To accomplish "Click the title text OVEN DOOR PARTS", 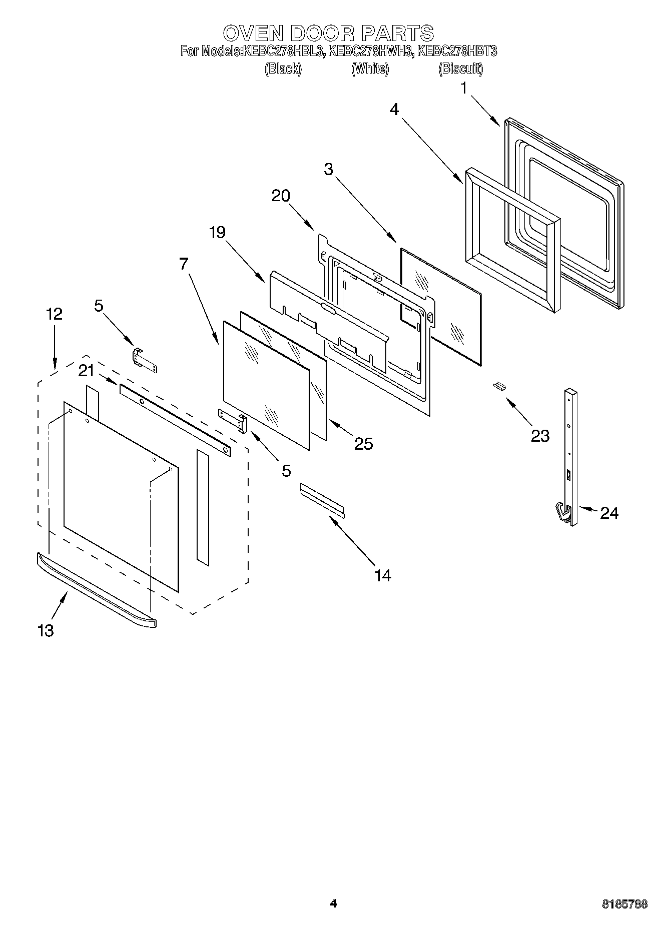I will pyautogui.click(x=328, y=33).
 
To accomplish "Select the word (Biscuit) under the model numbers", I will pyautogui.click(x=460, y=69).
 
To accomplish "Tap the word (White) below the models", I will pyautogui.click(x=370, y=69).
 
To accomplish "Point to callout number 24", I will pyautogui.click(x=609, y=513).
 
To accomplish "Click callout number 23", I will pyautogui.click(x=540, y=436).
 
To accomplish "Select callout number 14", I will pyautogui.click(x=382, y=575).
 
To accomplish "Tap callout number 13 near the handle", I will pyautogui.click(x=46, y=630).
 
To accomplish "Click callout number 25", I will pyautogui.click(x=363, y=443).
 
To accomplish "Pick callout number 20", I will pyautogui.click(x=281, y=196).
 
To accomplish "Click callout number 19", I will pyautogui.click(x=217, y=232).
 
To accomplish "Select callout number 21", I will pyautogui.click(x=86, y=371).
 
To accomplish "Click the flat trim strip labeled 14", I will pyautogui.click(x=322, y=498).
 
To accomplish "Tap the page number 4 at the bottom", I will pyautogui.click(x=333, y=903).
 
